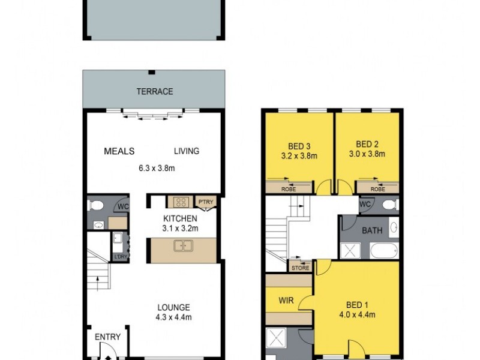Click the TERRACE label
point(154,92)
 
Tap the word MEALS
point(119,151)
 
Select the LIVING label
point(187,151)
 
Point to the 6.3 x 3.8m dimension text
point(154,168)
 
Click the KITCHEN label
point(181,218)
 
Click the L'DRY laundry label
point(121,257)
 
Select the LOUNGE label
point(174,307)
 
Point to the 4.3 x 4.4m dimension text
point(174,317)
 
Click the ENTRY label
point(108,337)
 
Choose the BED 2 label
point(367,144)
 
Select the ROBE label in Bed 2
point(377,188)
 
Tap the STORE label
point(301,268)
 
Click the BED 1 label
point(358,304)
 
